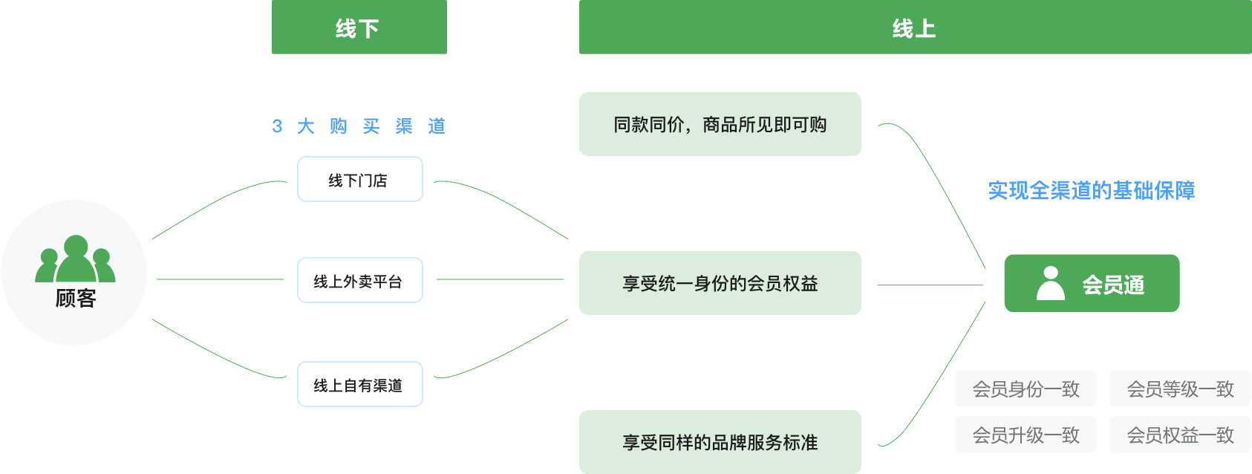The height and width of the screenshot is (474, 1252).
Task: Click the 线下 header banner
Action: [x=359, y=27]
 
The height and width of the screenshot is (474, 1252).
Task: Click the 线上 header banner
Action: [x=914, y=27]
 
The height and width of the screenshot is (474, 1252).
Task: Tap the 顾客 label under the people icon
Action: [x=76, y=299]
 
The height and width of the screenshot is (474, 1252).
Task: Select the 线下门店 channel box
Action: [x=360, y=179]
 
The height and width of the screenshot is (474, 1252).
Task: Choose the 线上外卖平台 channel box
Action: [x=360, y=280]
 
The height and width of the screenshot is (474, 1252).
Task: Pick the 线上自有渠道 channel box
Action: [x=360, y=384]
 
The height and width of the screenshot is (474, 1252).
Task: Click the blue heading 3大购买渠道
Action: [x=359, y=126]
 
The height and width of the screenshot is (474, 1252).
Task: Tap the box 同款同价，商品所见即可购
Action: [x=720, y=124]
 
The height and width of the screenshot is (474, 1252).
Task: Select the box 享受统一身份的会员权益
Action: [x=720, y=283]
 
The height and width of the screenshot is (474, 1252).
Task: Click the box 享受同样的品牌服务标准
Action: [x=720, y=442]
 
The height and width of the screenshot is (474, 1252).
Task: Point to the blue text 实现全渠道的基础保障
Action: [x=1091, y=191]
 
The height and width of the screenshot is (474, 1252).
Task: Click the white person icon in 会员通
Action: [x=1050, y=283]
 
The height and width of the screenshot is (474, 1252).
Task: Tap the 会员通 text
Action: [x=1112, y=285]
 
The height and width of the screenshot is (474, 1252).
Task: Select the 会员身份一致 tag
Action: [x=1026, y=389]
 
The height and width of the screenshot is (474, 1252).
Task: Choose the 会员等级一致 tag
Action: [x=1180, y=389]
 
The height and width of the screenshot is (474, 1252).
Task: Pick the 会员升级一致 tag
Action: [x=1026, y=435]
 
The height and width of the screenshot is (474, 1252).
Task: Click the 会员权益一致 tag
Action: [x=1180, y=435]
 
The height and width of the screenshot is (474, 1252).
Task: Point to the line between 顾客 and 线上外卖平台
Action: [x=220, y=279]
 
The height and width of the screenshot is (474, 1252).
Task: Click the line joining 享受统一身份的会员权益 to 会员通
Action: [x=930, y=285]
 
